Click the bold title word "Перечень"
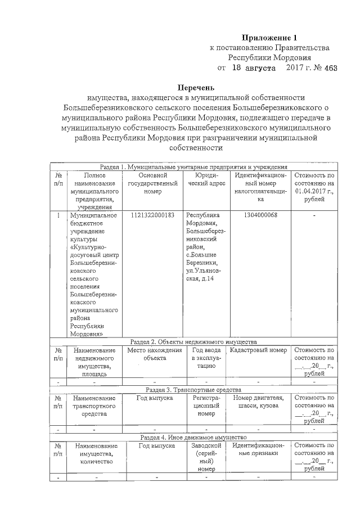click(x=196, y=88)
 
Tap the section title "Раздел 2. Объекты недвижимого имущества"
click(x=193, y=341)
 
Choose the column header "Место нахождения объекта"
click(x=154, y=354)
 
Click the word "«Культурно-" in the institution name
click(x=88, y=246)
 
